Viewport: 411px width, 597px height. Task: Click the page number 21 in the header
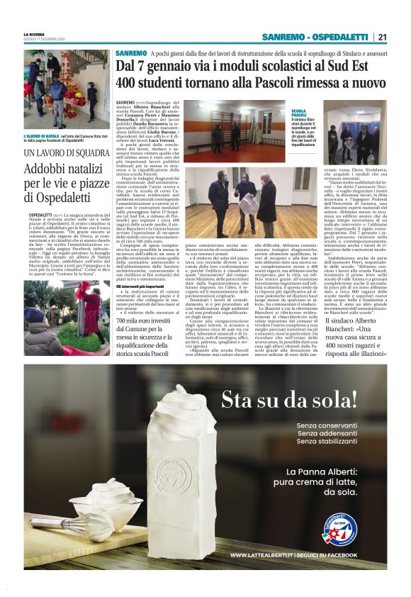(x=382, y=38)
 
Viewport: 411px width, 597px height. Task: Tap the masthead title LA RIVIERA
(x=34, y=34)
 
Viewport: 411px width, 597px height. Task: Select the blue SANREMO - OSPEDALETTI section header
(x=317, y=38)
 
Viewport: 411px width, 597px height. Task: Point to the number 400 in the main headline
(x=128, y=82)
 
